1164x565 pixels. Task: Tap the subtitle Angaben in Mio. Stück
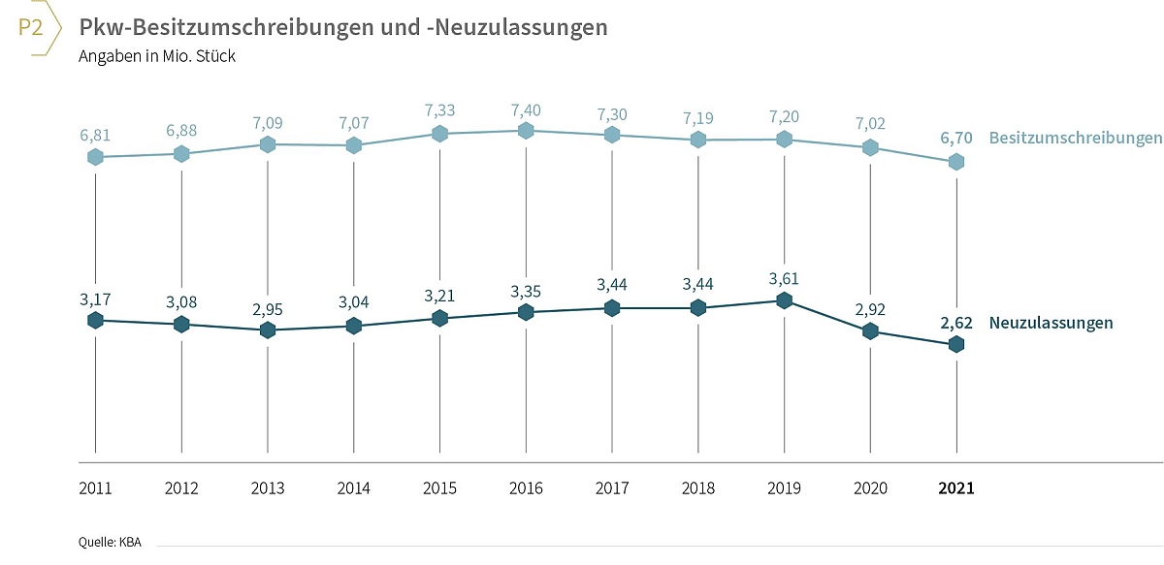157,56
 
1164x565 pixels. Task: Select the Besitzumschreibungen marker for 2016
526,131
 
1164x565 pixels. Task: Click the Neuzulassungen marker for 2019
784,300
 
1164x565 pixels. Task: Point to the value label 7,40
526,110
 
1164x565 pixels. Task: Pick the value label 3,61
784,279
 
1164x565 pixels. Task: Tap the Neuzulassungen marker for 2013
268,330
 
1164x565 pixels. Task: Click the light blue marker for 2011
96,157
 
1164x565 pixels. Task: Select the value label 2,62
956,323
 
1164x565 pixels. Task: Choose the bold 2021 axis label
956,488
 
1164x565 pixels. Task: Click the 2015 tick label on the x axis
439,488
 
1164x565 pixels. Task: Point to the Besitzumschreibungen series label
1075,139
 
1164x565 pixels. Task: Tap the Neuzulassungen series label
1051,323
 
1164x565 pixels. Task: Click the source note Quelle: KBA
110,542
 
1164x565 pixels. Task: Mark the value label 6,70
956,139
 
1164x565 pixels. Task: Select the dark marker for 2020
870,330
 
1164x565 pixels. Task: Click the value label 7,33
439,110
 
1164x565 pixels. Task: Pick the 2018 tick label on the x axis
697,488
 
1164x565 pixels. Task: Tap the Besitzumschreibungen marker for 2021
956,162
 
